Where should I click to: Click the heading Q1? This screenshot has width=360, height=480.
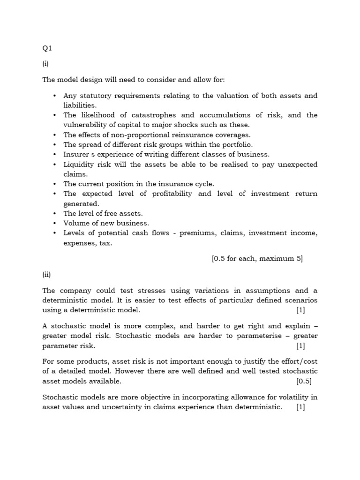[x=47, y=47]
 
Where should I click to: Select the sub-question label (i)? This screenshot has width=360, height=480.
[x=45, y=64]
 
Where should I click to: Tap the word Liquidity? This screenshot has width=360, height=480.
[x=79, y=165]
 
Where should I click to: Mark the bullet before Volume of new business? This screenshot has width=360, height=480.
[x=54, y=224]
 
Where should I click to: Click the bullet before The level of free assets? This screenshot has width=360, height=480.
[x=54, y=214]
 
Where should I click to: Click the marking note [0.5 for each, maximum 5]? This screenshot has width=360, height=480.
[x=257, y=258]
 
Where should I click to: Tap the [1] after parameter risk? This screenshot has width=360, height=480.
[x=300, y=346]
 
